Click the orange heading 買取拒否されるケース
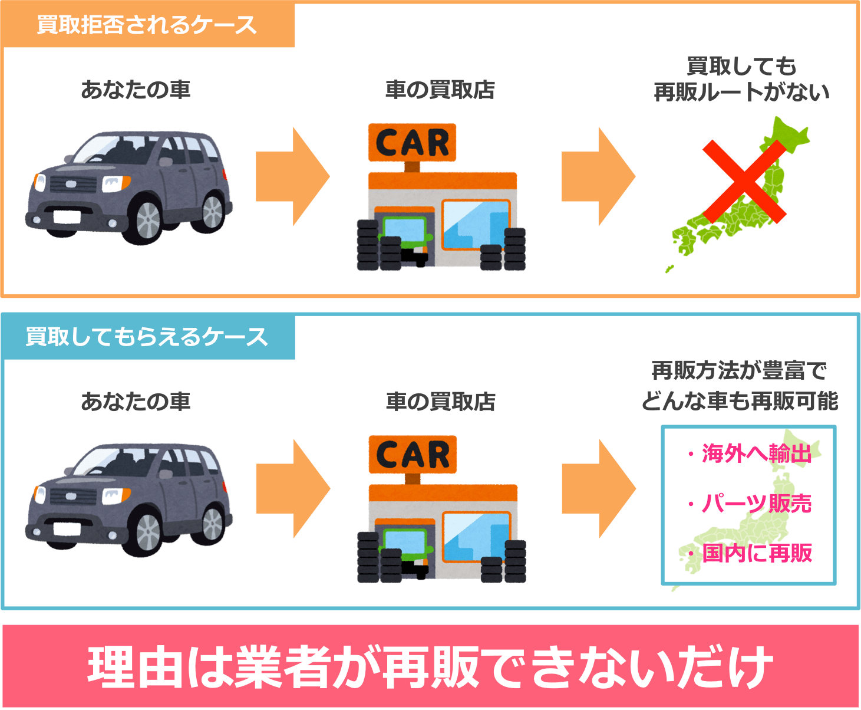tap(147, 25)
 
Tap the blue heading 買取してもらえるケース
tap(147, 337)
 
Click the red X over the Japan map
tap(744, 182)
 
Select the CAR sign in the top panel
tap(412, 143)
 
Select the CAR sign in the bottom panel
tap(413, 455)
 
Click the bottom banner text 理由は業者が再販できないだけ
tap(430, 667)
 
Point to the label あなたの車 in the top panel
tap(136, 90)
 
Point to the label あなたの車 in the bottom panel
tap(136, 402)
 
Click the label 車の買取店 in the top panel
tap(440, 90)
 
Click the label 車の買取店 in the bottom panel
tap(440, 402)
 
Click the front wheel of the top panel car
tap(148, 221)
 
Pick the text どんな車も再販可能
tap(740, 402)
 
